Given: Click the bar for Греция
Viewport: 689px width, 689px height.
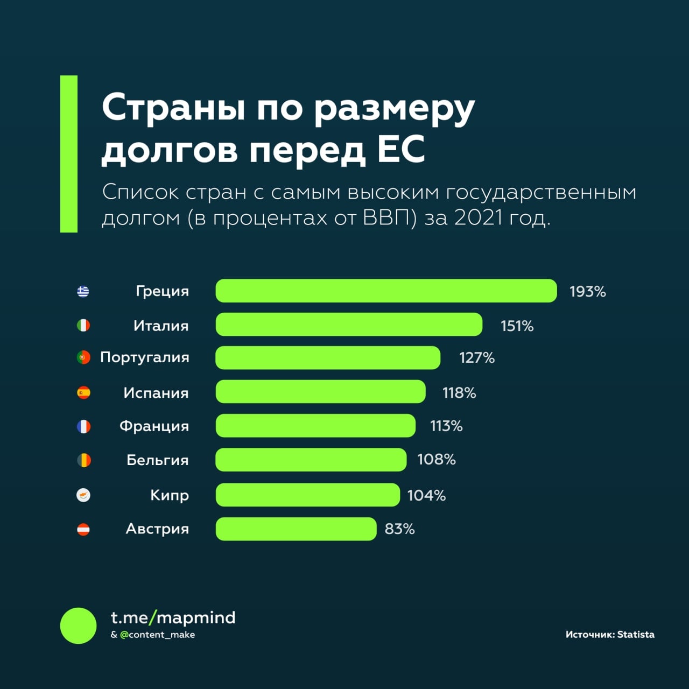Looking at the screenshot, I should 386,291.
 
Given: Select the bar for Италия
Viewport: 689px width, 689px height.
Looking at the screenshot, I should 349,325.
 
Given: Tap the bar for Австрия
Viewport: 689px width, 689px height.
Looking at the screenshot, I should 296,529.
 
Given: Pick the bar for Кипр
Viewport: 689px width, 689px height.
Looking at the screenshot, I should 307,495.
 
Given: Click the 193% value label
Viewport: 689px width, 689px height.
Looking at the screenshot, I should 588,292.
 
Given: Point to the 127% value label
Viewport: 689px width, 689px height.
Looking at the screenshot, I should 477,358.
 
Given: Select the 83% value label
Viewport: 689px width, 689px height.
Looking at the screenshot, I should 399,529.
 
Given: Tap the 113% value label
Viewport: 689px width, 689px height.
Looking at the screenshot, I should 446,426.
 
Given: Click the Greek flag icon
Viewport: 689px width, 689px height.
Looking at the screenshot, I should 83,291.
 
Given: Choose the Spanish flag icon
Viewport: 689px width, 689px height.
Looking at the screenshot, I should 83,392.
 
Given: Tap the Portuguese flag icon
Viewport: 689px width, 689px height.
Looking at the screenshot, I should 83,357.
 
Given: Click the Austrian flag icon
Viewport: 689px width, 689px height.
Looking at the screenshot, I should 83,529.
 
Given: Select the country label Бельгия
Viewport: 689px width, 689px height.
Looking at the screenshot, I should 157,460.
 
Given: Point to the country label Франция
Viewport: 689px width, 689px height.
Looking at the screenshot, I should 154,426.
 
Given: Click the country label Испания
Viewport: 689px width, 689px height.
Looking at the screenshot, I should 156,393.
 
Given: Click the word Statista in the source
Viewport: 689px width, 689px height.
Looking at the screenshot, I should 636,635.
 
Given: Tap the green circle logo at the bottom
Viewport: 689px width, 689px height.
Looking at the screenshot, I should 78,625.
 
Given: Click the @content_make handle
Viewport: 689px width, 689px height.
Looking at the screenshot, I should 157,635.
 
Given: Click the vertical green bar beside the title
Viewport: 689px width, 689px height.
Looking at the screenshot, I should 69,154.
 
